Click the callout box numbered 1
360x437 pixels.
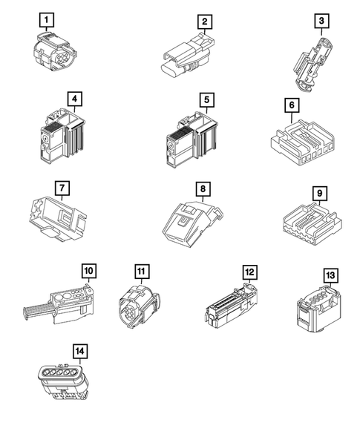pyautogui.click(x=47, y=20)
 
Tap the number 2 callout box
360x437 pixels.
pyautogui.click(x=205, y=22)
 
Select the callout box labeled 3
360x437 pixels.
pyautogui.click(x=322, y=21)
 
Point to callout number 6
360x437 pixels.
pyautogui.click(x=292, y=105)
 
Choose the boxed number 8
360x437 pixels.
pyautogui.click(x=203, y=189)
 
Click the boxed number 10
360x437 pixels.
pyautogui.click(x=89, y=271)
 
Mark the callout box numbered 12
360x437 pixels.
pyautogui.click(x=250, y=272)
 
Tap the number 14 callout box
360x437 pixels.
pyautogui.click(x=80, y=351)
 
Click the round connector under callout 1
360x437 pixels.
pyautogui.click(x=55, y=51)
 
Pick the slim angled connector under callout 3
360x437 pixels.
pyautogui.click(x=311, y=65)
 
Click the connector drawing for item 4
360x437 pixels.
pyautogui.click(x=62, y=136)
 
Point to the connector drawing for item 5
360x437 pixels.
pyautogui.click(x=192, y=139)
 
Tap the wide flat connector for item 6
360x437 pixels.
pyautogui.click(x=303, y=142)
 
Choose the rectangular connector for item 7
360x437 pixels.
pyautogui.click(x=58, y=218)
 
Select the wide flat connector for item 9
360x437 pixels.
pyautogui.click(x=312, y=225)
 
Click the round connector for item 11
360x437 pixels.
pyautogui.click(x=140, y=306)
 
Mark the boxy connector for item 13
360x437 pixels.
pyautogui.click(x=318, y=309)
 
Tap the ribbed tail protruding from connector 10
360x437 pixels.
pyautogui.click(x=37, y=310)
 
